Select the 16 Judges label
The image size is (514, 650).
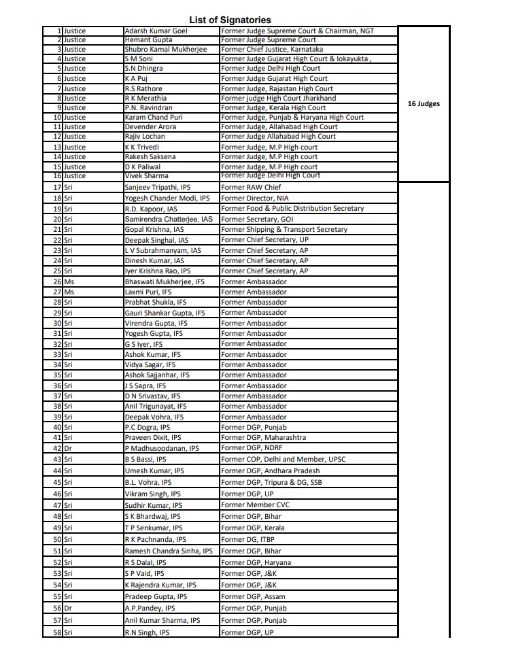[424, 104]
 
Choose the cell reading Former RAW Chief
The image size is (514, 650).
[250, 187]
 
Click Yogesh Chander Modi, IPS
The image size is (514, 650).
[167, 198]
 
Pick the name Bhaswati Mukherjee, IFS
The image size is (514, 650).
[165, 281]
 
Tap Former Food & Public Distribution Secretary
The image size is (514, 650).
[292, 209]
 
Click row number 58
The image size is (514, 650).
[57, 633]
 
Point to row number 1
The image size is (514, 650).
[60, 31]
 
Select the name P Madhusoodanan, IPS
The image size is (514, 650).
[162, 448]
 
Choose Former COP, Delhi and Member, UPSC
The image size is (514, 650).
[284, 460]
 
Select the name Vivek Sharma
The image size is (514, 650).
[145, 175]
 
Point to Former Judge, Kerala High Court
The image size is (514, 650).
[273, 107]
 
